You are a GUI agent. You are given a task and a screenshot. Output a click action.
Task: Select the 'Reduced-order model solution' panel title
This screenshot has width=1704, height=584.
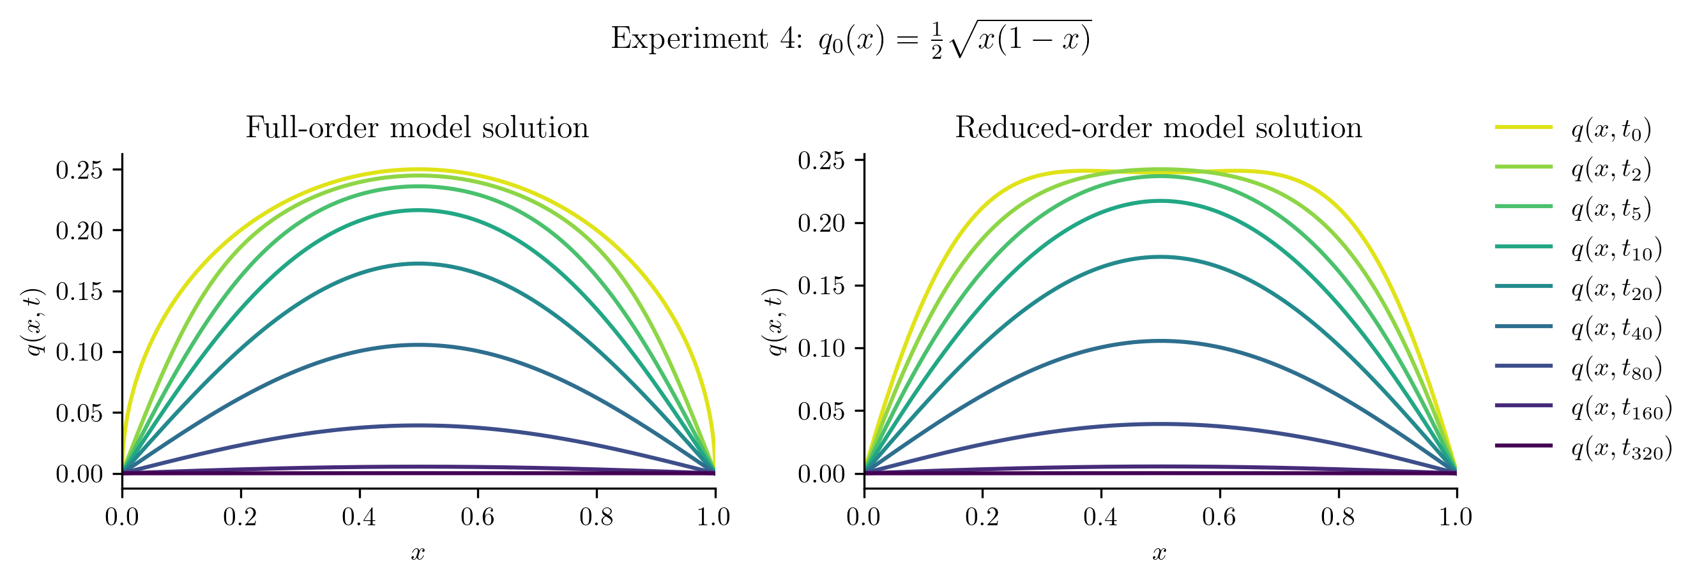[x=1159, y=128]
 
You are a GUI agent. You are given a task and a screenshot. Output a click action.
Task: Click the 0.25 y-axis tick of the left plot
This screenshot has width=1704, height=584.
[x=79, y=170]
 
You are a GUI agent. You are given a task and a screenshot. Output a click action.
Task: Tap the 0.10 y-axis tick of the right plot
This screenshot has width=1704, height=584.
[x=821, y=348]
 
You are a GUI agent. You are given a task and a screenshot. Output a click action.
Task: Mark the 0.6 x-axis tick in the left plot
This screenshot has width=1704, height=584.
[x=478, y=516]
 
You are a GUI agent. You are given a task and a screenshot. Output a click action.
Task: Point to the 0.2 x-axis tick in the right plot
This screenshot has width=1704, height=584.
[x=982, y=516]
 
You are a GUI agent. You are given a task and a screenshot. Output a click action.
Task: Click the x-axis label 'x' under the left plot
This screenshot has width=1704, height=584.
[x=418, y=553]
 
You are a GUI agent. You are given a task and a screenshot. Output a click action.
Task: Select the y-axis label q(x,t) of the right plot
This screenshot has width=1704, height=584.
[x=775, y=322]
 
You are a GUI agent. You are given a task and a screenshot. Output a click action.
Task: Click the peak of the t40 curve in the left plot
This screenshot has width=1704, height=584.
[x=418, y=345]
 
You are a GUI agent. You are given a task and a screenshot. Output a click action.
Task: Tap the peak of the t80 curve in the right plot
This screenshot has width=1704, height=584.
[x=1160, y=424]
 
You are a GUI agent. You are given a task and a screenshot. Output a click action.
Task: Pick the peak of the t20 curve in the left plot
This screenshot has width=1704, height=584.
[x=418, y=264]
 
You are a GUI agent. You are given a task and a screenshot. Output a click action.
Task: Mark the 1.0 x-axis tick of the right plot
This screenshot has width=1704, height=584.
[x=1456, y=516]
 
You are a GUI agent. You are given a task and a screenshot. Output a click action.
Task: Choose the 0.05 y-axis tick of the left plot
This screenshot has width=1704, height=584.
[x=79, y=414]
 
